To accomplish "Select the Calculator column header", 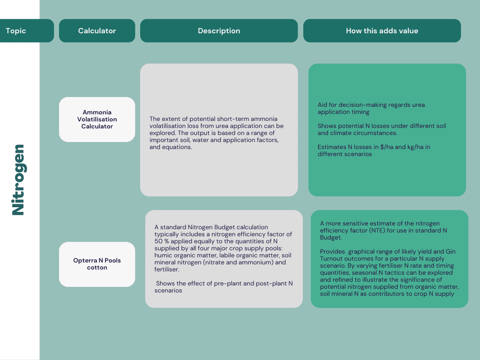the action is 97,30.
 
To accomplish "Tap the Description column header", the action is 219,30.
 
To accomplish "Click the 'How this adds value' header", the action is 382,30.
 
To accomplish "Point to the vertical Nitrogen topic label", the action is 18,180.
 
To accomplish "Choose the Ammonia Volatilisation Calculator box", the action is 97,120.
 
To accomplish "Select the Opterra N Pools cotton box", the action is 97,264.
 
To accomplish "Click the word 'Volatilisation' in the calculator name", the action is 97,120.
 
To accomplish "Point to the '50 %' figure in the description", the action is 161,241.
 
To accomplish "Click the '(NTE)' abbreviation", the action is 377,231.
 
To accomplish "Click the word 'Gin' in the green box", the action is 450,252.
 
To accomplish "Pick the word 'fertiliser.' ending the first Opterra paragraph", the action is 167,270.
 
